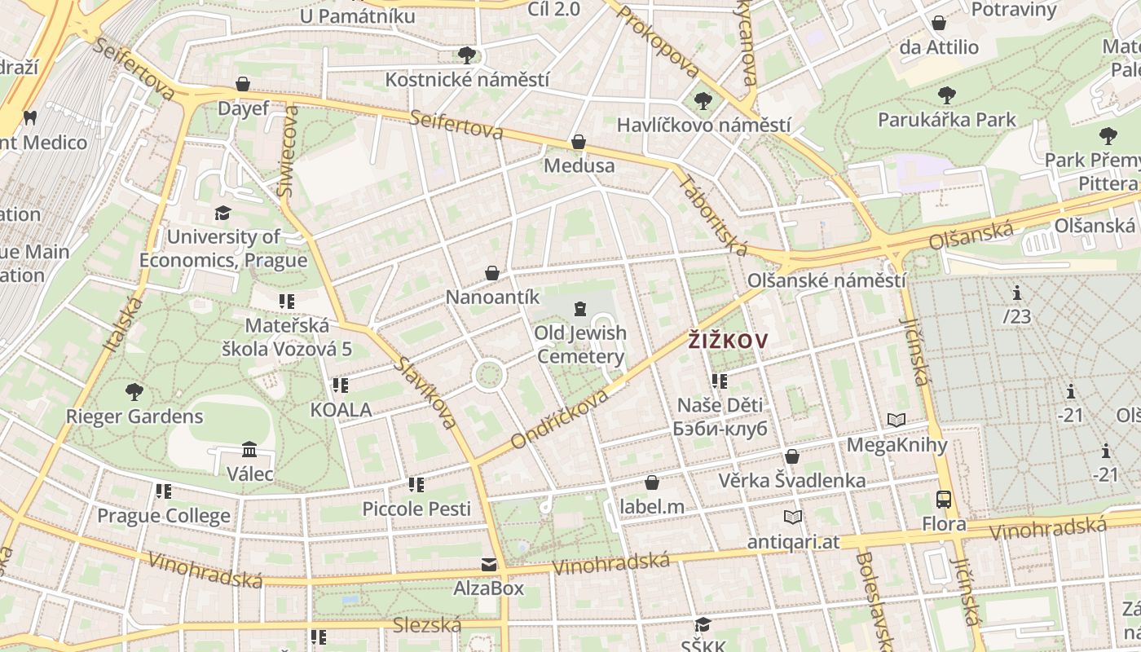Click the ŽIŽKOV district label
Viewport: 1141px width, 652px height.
pyautogui.click(x=728, y=341)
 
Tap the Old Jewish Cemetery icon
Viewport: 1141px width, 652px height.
pyautogui.click(x=579, y=308)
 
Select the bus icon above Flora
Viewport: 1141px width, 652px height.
pyautogui.click(x=944, y=500)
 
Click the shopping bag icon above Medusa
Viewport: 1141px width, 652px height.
pyautogui.click(x=579, y=142)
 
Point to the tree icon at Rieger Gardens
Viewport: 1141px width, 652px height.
pyautogui.click(x=134, y=392)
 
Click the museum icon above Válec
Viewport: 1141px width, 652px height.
pyautogui.click(x=249, y=450)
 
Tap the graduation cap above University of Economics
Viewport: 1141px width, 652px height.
pyautogui.click(x=222, y=213)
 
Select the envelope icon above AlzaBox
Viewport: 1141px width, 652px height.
pyautogui.click(x=488, y=564)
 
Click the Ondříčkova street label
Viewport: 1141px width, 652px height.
pyautogui.click(x=560, y=418)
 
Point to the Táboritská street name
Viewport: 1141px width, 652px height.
pyautogui.click(x=712, y=214)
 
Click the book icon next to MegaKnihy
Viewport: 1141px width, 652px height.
pyautogui.click(x=896, y=421)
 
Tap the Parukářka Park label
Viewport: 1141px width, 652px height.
pyautogui.click(x=946, y=120)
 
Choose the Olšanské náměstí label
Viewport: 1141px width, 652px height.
pyautogui.click(x=826, y=280)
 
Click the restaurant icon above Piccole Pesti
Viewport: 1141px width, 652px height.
pyautogui.click(x=416, y=485)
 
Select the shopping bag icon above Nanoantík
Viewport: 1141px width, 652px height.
pyautogui.click(x=492, y=273)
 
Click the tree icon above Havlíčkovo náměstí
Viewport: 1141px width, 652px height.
pyautogui.click(x=703, y=101)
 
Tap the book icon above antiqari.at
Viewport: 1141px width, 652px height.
pyautogui.click(x=792, y=517)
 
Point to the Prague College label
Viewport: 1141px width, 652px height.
pyautogui.click(x=164, y=516)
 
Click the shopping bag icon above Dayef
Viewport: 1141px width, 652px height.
pyautogui.click(x=242, y=84)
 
